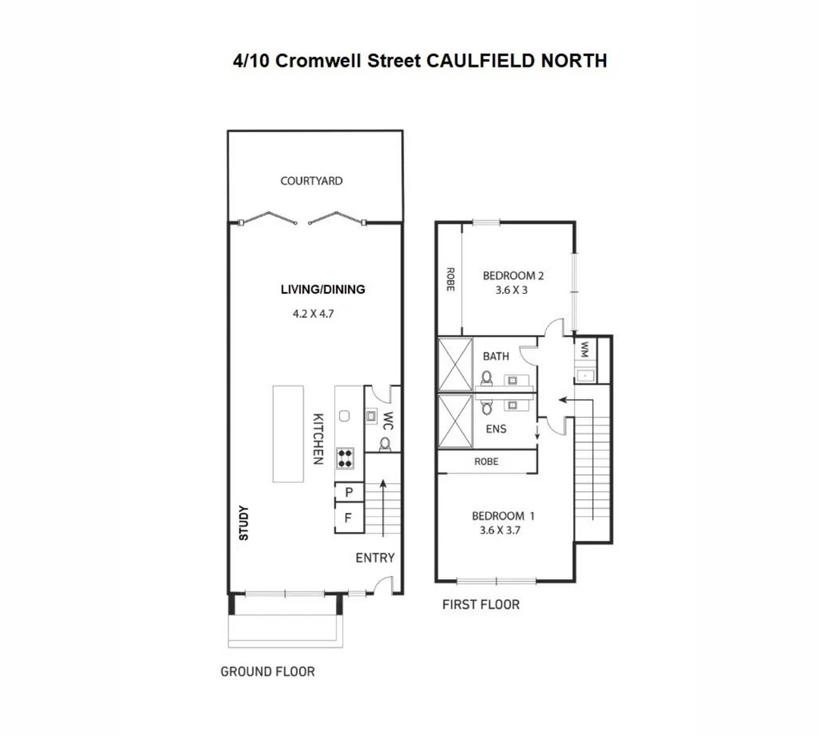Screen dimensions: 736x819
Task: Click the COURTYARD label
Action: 311,181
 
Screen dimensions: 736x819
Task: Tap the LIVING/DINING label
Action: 323,289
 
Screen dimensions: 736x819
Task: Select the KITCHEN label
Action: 319,439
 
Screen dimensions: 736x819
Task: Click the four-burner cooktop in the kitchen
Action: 345,456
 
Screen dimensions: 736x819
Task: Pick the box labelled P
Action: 349,492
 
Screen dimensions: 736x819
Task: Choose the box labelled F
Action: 349,520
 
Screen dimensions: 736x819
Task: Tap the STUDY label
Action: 244,524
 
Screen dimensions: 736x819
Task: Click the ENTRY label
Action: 375,558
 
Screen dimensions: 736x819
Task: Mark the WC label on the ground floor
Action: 387,420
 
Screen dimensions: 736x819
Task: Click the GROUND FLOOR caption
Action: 267,672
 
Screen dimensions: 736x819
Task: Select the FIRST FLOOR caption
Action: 481,605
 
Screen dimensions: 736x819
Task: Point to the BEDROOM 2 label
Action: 513,275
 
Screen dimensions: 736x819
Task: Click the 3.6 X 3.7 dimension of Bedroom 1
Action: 500,531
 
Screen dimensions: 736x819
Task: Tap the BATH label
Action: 496,356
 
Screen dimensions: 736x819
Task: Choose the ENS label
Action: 496,429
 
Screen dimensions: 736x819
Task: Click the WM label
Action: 585,349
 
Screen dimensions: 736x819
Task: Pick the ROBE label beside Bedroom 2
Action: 450,279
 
